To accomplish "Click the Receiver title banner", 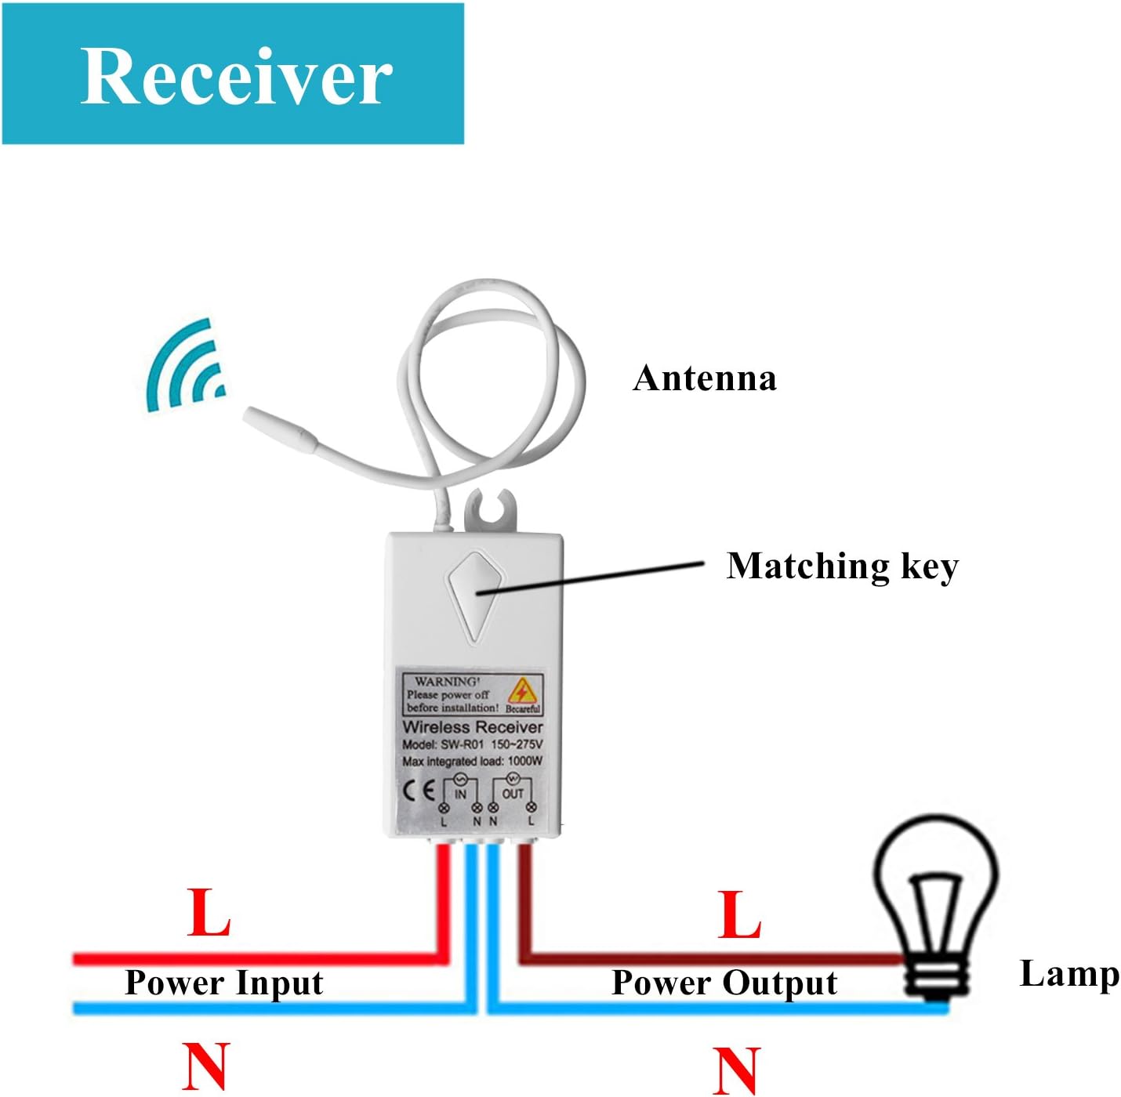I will (233, 74).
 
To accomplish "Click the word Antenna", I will (704, 378).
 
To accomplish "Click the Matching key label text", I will (842, 566).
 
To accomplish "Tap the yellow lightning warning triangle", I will (521, 690).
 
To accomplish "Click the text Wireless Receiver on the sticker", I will (472, 727).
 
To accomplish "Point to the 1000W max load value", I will (524, 761).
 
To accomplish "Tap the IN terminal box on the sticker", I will (460, 793).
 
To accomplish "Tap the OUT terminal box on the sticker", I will (513, 793).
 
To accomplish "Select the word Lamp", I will (1068, 974).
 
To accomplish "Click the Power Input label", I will (224, 983).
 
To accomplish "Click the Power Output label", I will (724, 983).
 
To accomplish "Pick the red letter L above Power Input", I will (209, 913).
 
